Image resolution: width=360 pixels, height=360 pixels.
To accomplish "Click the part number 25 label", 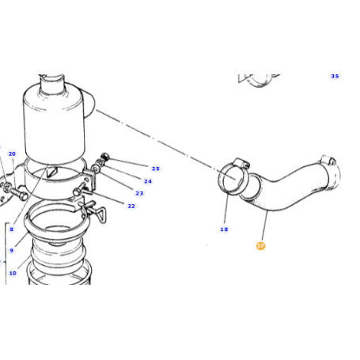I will pos(155,169).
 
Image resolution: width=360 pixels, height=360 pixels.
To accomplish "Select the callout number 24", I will pos(148,180).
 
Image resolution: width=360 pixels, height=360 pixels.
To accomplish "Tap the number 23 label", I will pos(139,193).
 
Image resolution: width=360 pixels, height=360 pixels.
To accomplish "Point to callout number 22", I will pos(131,207).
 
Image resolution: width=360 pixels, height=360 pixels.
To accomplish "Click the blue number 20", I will pos(12,153).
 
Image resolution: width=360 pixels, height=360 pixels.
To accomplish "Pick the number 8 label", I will pos(12,229).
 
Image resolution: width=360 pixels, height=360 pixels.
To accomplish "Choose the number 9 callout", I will pos(12,251).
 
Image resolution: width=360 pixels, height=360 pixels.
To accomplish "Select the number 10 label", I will pos(12,274).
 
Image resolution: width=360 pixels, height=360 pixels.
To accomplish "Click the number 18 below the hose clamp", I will pos(224,229).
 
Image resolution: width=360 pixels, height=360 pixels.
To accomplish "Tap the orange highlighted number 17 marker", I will pos(260,246).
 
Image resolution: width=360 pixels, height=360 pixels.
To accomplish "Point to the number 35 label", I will pos(335,76).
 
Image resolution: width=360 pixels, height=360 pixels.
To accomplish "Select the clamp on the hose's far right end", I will pos(330,169).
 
